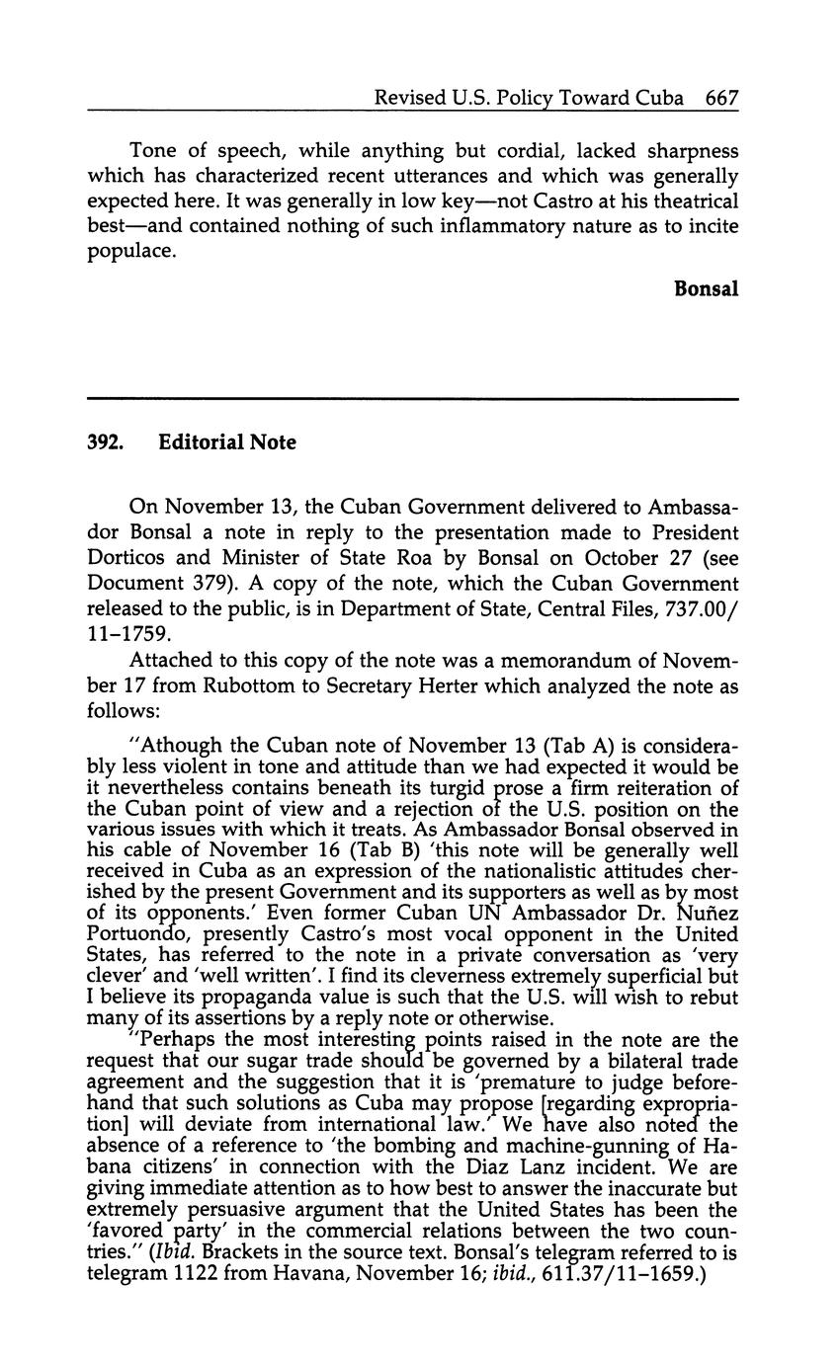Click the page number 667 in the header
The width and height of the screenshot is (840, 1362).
[722, 98]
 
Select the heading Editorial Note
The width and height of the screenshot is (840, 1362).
[226, 442]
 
